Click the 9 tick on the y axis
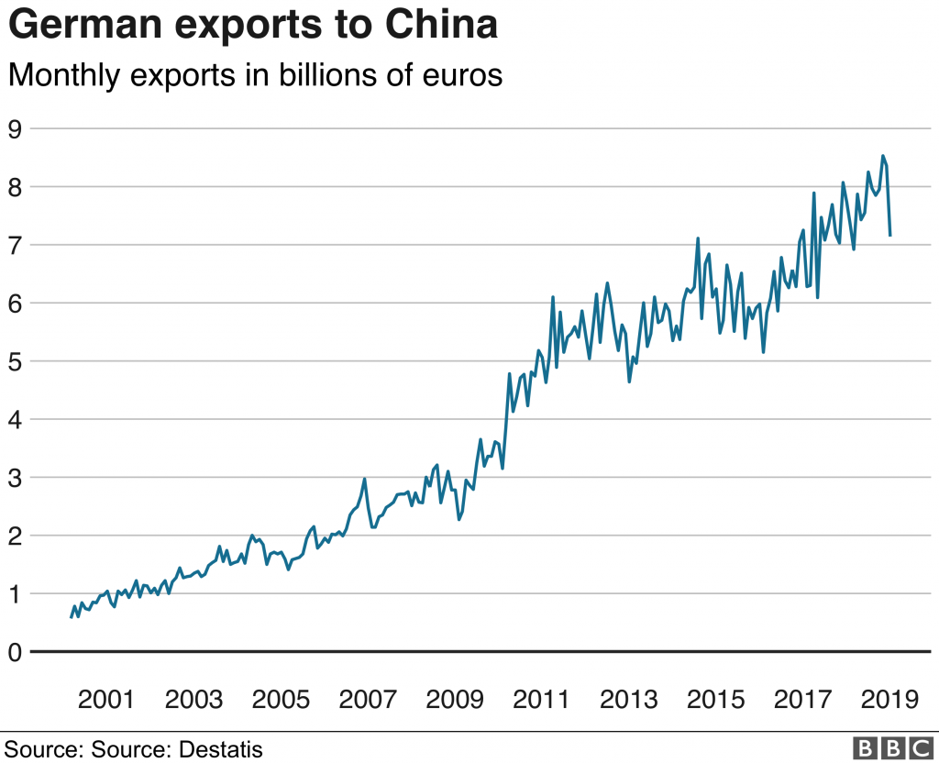click(x=15, y=128)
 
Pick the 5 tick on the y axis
click(x=15, y=361)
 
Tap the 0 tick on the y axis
click(x=15, y=652)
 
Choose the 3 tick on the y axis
click(x=15, y=478)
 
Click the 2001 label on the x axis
click(x=106, y=700)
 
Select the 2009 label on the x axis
click(x=455, y=700)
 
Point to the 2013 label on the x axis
click(x=629, y=700)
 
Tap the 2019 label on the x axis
click(x=889, y=700)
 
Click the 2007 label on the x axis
click(x=368, y=700)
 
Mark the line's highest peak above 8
click(x=882, y=156)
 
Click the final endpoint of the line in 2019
click(x=890, y=236)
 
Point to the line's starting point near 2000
click(x=72, y=617)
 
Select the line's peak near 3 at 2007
click(x=365, y=479)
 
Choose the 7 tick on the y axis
click(x=15, y=245)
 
